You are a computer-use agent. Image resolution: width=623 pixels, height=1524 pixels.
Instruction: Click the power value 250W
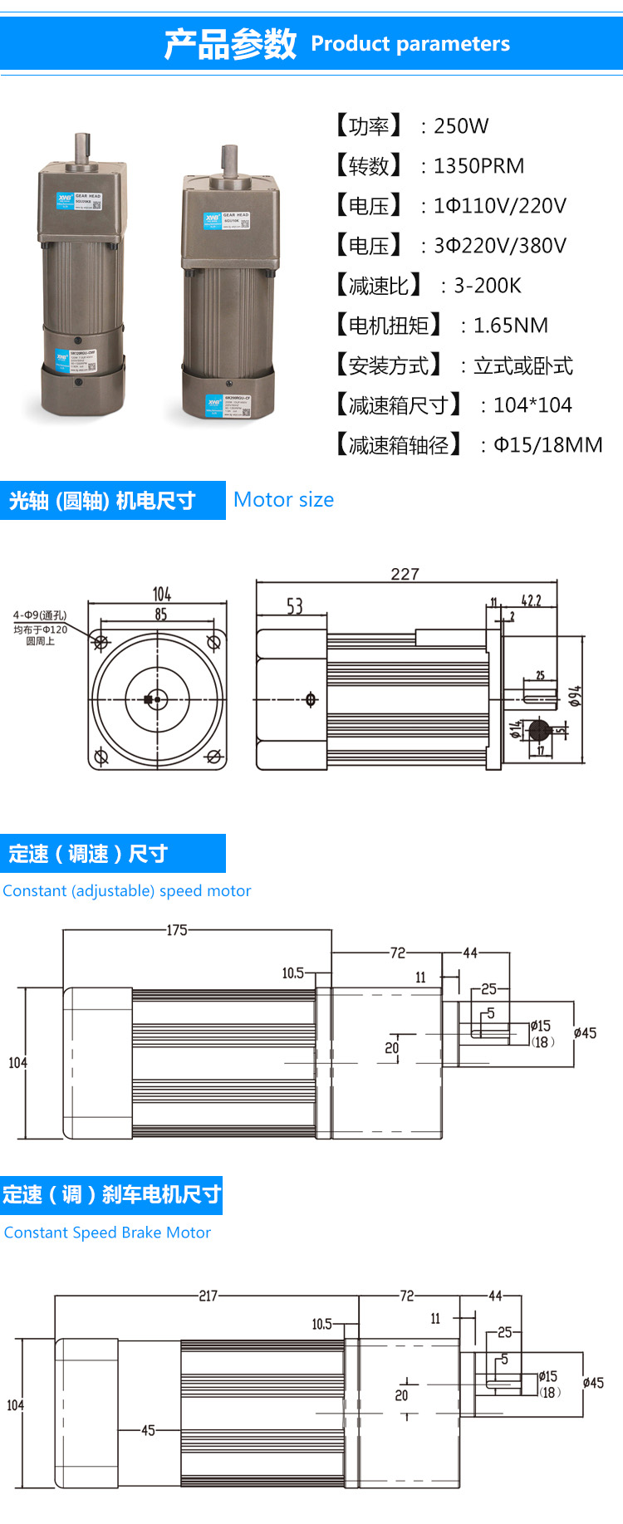(461, 126)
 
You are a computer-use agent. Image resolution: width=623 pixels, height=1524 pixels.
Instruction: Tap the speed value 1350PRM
(478, 166)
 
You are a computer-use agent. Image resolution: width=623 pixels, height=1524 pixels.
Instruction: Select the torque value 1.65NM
(510, 326)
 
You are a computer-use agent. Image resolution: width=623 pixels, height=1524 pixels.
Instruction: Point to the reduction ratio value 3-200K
(487, 286)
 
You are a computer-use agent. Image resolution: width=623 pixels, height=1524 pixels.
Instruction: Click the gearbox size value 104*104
(532, 405)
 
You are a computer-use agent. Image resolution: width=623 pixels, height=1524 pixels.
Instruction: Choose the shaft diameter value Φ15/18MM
(547, 445)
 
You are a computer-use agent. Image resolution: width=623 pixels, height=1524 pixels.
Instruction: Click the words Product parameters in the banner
(410, 44)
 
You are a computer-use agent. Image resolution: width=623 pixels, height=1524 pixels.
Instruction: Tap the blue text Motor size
(283, 500)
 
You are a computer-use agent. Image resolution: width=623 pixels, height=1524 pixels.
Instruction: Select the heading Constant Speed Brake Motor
(107, 1232)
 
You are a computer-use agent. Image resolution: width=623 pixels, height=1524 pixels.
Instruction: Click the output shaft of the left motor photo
(82, 149)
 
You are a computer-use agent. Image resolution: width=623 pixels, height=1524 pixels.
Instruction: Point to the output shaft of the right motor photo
(229, 160)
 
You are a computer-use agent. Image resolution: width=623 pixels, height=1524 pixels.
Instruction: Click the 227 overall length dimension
(405, 574)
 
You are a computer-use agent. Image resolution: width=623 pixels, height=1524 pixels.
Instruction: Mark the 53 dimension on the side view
(295, 606)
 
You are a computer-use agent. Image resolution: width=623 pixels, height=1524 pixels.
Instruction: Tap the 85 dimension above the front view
(160, 614)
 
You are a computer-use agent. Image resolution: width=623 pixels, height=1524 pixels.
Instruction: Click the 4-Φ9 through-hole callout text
(40, 615)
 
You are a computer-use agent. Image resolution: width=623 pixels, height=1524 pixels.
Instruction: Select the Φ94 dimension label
(575, 696)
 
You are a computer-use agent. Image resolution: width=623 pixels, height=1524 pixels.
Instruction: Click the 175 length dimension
(177, 930)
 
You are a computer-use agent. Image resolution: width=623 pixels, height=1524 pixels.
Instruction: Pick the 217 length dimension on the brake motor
(208, 1296)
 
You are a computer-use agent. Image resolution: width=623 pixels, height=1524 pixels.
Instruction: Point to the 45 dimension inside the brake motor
(148, 1430)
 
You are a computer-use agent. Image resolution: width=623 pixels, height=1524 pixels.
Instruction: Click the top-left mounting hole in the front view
(101, 642)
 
